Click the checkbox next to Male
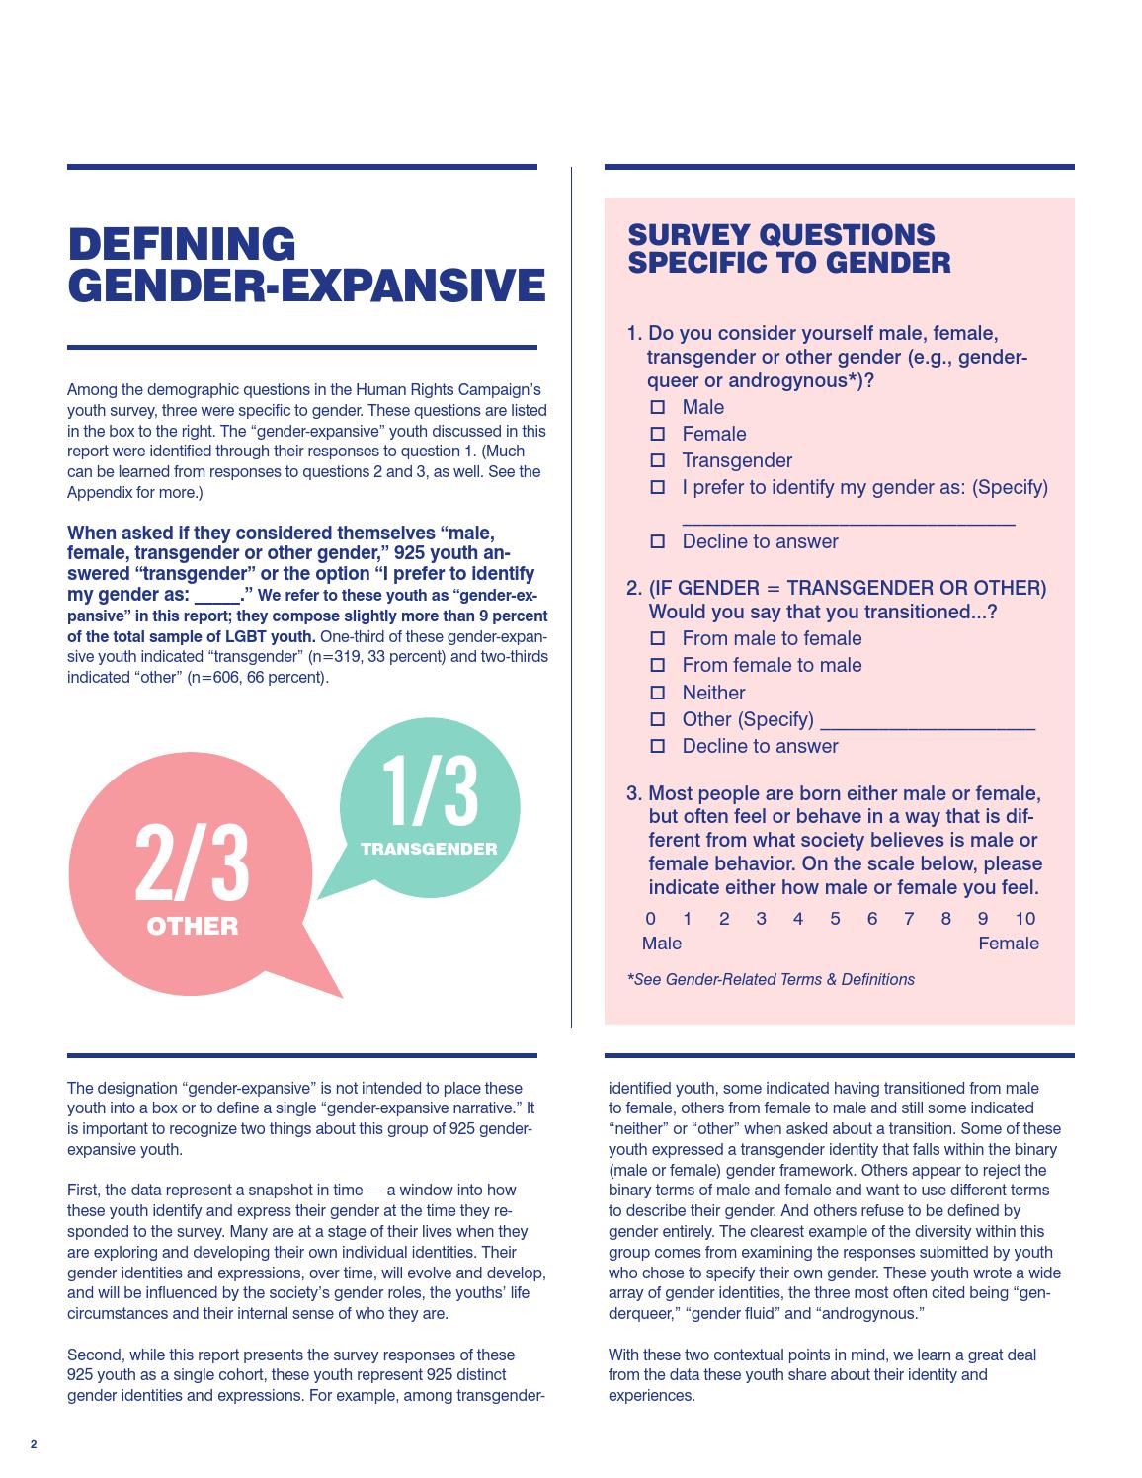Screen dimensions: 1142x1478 click(658, 407)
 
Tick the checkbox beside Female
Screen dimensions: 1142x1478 click(658, 434)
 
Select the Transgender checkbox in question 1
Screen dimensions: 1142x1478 click(658, 460)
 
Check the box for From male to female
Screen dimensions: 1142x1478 click(658, 638)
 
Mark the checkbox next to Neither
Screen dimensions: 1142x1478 click(658, 693)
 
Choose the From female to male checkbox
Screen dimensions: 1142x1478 click(658, 665)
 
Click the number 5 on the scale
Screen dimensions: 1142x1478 click(835, 919)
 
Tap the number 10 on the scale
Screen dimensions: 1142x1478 click(1025, 919)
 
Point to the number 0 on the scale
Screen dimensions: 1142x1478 click(650, 919)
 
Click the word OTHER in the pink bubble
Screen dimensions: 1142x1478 click(192, 927)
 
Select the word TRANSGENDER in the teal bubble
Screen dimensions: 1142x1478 click(429, 849)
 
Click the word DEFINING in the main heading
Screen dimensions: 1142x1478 click(182, 245)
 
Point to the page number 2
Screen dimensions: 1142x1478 click(34, 1444)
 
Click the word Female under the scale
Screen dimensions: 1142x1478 click(1008, 944)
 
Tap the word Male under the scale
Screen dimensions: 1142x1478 click(661, 944)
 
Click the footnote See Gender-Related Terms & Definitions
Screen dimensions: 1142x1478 click(771, 979)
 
